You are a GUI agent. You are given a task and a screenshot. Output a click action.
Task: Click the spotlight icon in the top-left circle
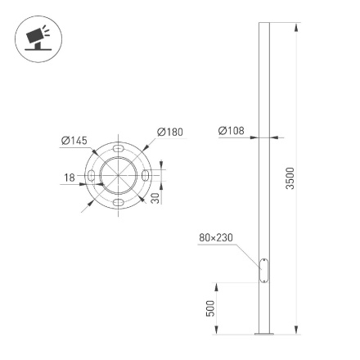[x=37, y=38]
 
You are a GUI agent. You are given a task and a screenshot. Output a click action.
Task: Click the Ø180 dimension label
[x=170, y=132]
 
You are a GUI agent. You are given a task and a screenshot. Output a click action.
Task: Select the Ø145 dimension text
[x=74, y=142]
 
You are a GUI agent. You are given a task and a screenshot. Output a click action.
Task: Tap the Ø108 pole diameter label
[x=232, y=130]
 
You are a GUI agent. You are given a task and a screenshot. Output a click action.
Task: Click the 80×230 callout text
[x=216, y=238]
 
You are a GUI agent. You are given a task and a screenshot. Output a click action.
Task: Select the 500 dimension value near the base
[x=211, y=308]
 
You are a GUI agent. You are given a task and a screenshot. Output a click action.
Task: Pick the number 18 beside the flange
[x=70, y=177]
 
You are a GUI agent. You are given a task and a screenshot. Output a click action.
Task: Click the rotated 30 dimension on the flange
[x=155, y=197]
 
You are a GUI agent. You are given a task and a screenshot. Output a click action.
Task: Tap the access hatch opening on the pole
[x=263, y=271]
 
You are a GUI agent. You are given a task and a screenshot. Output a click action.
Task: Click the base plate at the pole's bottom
[x=263, y=334]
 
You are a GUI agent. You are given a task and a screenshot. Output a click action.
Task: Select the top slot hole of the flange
[x=119, y=151]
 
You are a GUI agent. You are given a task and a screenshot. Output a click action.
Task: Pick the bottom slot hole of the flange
[x=119, y=202]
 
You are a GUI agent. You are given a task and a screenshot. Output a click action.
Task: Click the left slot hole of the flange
[x=92, y=177]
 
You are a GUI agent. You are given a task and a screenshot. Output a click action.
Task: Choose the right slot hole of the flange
[x=145, y=177]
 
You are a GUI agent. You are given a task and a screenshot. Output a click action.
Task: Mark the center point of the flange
[x=119, y=177]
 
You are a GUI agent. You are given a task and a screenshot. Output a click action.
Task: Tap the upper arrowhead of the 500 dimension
[x=217, y=287]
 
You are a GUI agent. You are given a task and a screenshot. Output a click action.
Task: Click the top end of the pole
[x=263, y=24]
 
